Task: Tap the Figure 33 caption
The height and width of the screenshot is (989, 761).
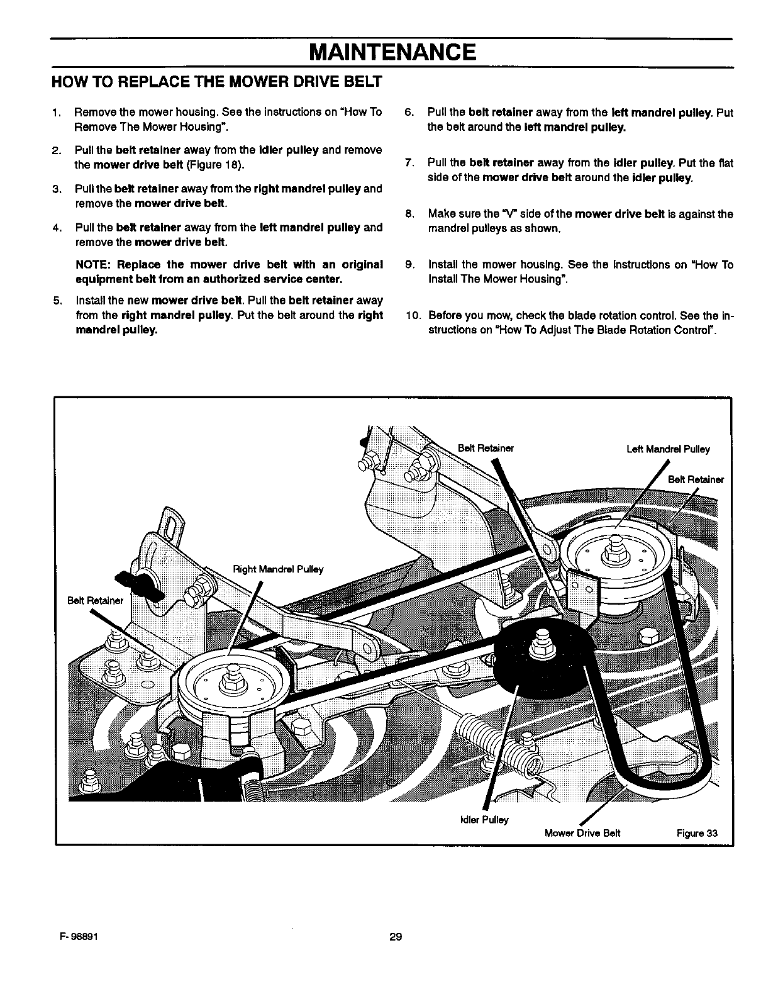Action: [697, 834]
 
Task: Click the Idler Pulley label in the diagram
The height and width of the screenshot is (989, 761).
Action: [485, 820]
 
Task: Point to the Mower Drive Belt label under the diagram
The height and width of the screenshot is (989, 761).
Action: [582, 834]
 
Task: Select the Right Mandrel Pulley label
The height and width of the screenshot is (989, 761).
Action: [278, 569]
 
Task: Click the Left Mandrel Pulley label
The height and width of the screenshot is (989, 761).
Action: [668, 449]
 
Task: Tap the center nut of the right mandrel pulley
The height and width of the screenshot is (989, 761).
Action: [228, 681]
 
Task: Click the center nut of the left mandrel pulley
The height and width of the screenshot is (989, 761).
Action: [611, 554]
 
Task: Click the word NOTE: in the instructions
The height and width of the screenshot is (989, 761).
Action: [92, 264]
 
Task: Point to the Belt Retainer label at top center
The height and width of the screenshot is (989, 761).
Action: [486, 449]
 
